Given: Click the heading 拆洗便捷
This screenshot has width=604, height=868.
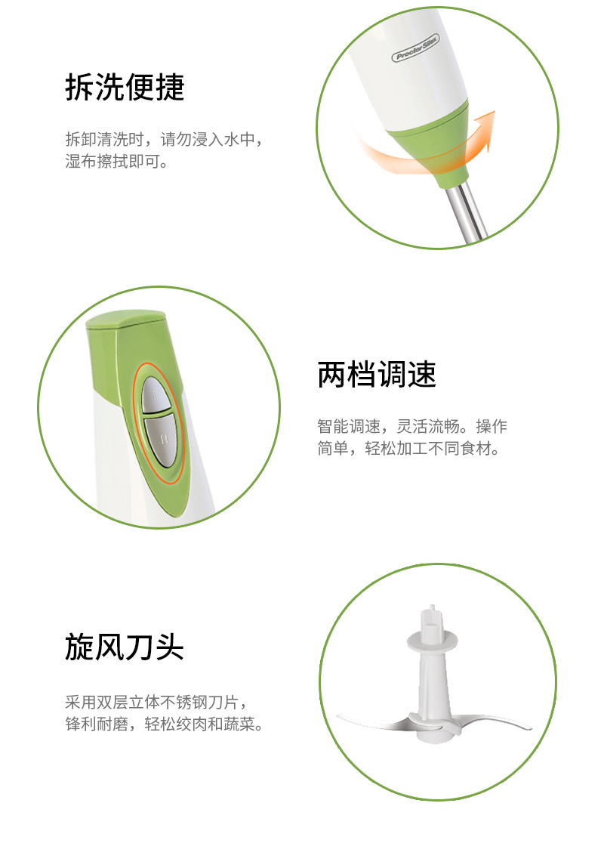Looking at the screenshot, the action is (x=125, y=87).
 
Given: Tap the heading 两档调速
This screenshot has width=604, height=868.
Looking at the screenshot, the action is (x=377, y=374).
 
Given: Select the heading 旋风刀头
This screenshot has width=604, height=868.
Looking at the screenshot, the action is (x=125, y=647).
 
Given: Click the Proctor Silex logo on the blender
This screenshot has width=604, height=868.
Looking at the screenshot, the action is (x=415, y=48).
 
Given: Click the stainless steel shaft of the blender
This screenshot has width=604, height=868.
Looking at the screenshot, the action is (x=467, y=213).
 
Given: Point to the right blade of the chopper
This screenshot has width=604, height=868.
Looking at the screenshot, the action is (x=487, y=720).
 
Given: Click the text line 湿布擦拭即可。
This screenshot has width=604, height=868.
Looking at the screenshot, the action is (x=117, y=161).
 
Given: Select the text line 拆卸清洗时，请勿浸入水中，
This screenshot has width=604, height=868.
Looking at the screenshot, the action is (x=165, y=139).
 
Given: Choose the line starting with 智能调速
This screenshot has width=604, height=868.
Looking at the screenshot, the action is (x=412, y=426).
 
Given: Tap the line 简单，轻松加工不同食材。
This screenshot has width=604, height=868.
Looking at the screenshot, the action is (x=408, y=448).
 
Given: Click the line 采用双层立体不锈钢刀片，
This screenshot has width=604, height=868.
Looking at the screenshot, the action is (x=156, y=702).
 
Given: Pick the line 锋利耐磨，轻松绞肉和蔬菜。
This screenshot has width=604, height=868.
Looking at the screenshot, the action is (x=165, y=724).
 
